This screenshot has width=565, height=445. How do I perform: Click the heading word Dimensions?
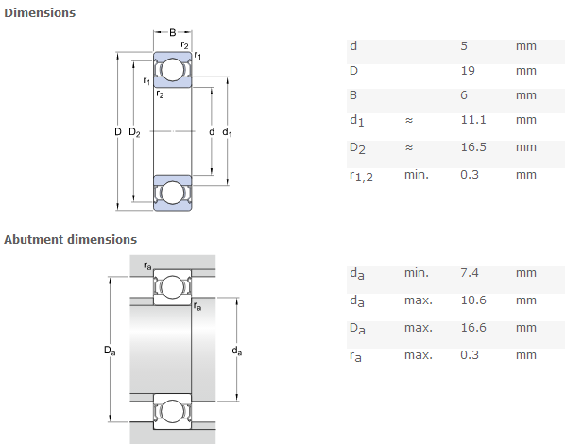pyautogui.click(x=40, y=12)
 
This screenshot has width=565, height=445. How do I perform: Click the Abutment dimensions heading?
pyautogui.click(x=70, y=239)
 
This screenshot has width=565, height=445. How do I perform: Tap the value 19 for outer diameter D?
pyautogui.click(x=468, y=71)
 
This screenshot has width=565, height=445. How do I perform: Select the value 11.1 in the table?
pyautogui.click(x=473, y=120)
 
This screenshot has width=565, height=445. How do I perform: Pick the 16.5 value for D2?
pyautogui.click(x=473, y=147)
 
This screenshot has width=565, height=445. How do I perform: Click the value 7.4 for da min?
pyautogui.click(x=470, y=273)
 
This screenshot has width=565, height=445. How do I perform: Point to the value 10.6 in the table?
pyautogui.click(x=473, y=300)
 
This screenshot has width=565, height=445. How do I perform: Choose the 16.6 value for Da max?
pyautogui.click(x=473, y=328)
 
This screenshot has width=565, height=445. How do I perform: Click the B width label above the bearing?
pyautogui.click(x=173, y=33)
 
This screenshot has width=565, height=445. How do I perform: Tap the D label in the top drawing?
pyautogui.click(x=118, y=132)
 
